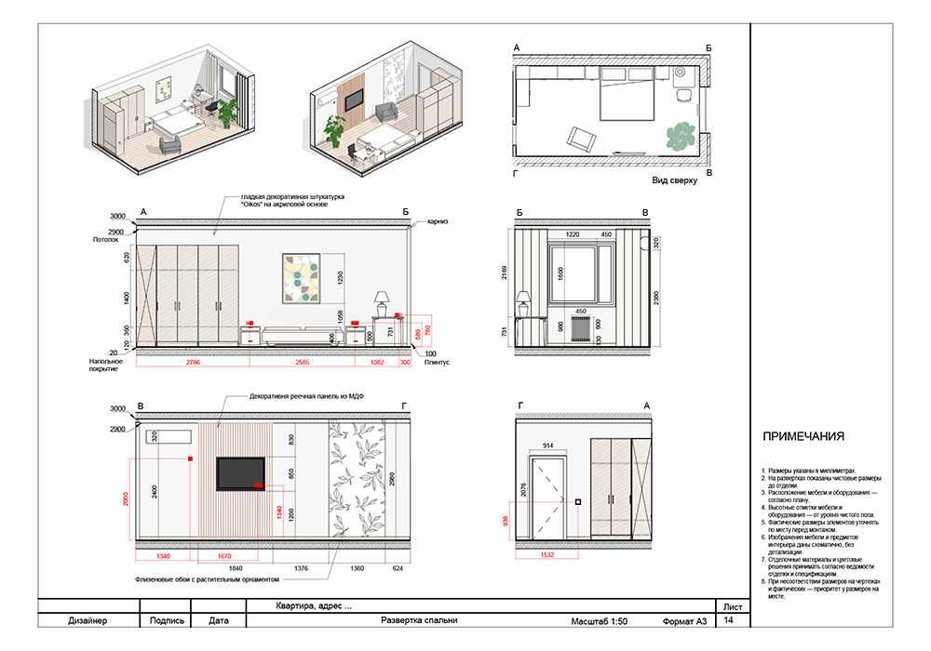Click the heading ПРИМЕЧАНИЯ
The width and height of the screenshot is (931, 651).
pos(803,436)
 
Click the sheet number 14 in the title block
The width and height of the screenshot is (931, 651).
pos(728,620)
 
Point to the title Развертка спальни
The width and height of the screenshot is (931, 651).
pos(420,620)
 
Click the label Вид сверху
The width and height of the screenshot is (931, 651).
pos(674,180)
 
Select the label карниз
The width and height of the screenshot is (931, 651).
pos(439,222)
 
